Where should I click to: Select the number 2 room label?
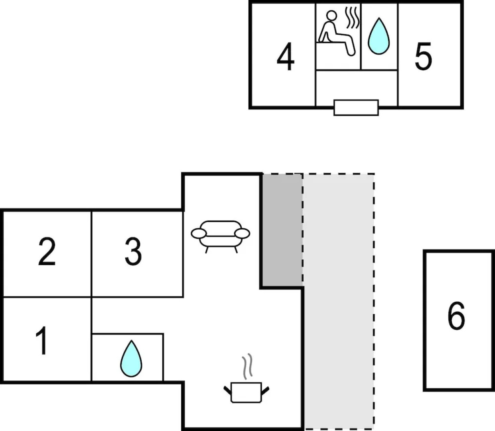pyautogui.click(x=47, y=252)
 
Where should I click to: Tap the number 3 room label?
pyautogui.click(x=133, y=252)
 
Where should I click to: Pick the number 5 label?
pyautogui.click(x=423, y=57)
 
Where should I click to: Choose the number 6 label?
pyautogui.click(x=456, y=316)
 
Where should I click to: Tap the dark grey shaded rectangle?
pyautogui.click(x=282, y=229)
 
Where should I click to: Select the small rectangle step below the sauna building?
pyautogui.click(x=356, y=107)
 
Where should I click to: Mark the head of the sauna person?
pyautogui.click(x=331, y=16)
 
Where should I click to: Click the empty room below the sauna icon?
pyautogui.click(x=357, y=85)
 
